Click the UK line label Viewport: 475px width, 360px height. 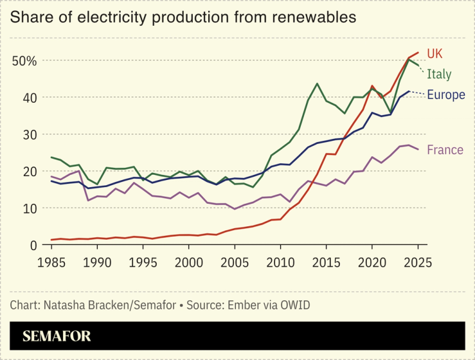[435, 53]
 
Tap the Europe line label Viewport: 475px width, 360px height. [445, 95]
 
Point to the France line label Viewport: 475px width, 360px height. [445, 150]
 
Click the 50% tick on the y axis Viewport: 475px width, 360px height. [24, 61]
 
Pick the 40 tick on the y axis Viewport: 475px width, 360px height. [30, 98]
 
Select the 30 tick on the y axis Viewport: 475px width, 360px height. [30, 134]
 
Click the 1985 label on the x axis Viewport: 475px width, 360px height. [51, 262]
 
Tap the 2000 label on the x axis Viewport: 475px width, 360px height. [189, 262]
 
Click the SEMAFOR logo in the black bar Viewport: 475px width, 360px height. [57, 336]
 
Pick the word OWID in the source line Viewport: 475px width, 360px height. [295, 304]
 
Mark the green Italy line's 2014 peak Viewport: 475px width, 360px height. [317, 84]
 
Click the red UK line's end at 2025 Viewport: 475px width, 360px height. [418, 53]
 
